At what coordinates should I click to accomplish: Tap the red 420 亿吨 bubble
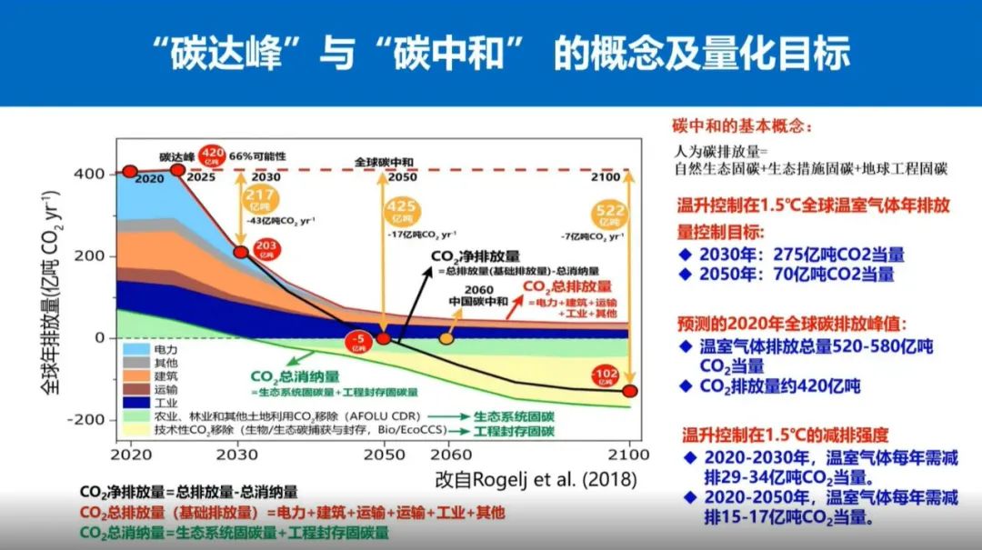point(212,156)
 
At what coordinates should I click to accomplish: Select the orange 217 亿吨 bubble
point(262,201)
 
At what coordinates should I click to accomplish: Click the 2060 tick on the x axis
point(447,454)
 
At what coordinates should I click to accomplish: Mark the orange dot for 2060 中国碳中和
point(446,338)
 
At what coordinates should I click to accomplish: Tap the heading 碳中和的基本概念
point(742,125)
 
